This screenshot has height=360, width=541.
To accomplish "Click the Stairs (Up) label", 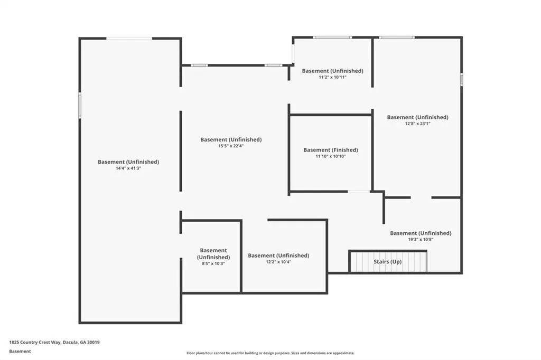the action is (387, 262).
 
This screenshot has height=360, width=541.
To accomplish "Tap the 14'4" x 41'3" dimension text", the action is (128, 168).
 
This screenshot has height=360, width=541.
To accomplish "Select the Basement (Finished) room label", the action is (331, 150).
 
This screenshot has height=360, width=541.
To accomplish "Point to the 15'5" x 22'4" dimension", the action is (231, 146).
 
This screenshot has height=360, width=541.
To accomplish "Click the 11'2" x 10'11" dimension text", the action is (332, 77).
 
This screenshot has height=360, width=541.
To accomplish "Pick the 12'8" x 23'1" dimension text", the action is (417, 124).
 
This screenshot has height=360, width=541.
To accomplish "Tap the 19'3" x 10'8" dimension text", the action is (420, 239).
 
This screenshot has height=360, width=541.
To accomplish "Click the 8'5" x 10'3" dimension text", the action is (213, 263).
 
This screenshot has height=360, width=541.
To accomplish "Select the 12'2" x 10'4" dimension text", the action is (278, 262).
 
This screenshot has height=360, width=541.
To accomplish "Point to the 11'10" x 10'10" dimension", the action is (331, 156).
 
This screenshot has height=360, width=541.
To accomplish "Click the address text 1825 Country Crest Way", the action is (35, 343).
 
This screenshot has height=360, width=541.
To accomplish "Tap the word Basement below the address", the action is (20, 352).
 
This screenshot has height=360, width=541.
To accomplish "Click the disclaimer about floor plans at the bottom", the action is (270, 353).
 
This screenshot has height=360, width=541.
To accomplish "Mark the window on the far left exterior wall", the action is (80, 105).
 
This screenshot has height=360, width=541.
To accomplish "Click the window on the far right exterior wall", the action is (461, 79).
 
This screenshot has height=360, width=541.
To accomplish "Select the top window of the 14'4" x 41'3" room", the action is (129, 39).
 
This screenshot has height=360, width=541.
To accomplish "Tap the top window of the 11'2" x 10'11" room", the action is (332, 37).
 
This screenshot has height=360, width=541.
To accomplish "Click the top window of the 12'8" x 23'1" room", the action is (397, 37).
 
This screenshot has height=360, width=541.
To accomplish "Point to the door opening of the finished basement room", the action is (359, 192).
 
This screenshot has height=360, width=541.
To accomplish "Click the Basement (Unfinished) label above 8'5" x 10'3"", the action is (213, 254).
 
